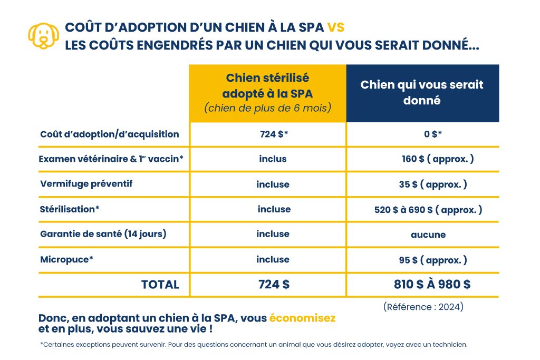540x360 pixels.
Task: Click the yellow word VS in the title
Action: click(x=335, y=27)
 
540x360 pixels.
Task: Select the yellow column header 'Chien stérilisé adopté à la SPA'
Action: click(x=267, y=93)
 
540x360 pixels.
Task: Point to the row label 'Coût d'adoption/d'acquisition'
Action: click(x=110, y=134)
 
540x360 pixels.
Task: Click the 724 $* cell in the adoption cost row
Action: click(x=274, y=134)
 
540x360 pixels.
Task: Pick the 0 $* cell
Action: click(x=433, y=134)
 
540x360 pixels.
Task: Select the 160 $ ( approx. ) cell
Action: click(x=438, y=159)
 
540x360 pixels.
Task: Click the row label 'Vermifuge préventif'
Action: click(x=86, y=184)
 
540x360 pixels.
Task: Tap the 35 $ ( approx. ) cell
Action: click(x=433, y=184)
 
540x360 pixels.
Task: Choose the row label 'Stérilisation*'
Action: click(x=70, y=209)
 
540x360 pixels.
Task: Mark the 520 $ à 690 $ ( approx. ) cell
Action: click(x=428, y=210)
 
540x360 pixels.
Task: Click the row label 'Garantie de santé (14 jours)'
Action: click(x=103, y=233)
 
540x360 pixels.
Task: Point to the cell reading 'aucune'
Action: click(x=428, y=235)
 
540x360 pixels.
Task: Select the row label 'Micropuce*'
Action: click(x=67, y=259)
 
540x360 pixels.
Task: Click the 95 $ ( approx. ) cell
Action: click(x=433, y=260)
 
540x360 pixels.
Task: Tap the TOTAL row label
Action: click(x=160, y=285)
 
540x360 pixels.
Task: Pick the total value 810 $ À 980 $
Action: click(x=432, y=285)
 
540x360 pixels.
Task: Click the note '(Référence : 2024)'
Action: click(x=423, y=307)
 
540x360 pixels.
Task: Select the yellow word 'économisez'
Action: click(x=302, y=318)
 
